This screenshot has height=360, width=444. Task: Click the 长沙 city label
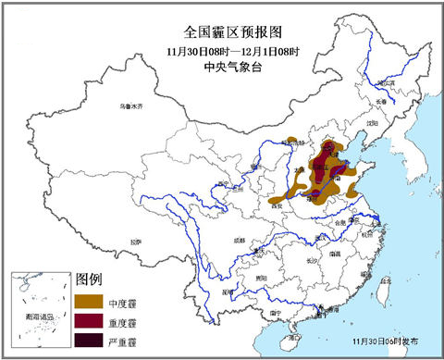pyautogui.click(x=313, y=262)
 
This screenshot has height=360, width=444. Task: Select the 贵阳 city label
pyautogui.click(x=262, y=278)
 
